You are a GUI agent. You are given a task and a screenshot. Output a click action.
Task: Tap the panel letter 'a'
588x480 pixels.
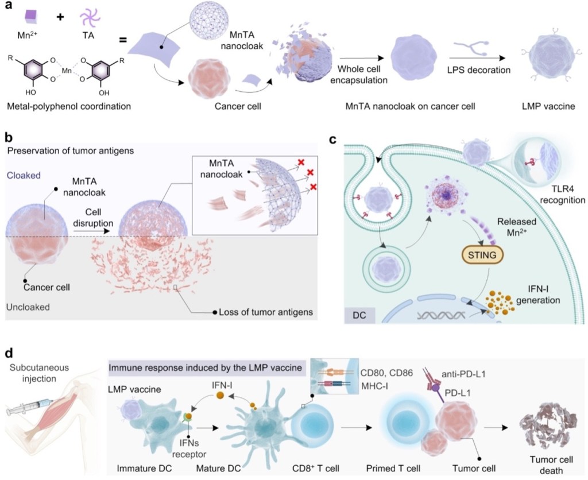tap(7, 7)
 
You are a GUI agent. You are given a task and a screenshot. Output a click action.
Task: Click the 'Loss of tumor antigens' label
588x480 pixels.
tap(265, 312)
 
